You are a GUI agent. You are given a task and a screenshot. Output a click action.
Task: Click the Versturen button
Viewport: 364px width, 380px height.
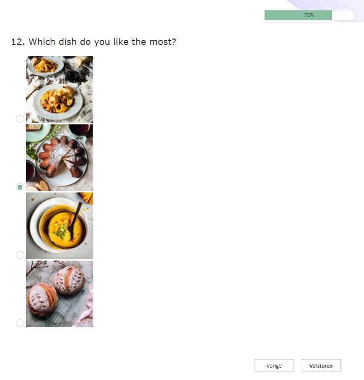(x=321, y=366)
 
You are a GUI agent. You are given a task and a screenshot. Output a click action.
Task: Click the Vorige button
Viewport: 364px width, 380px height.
(x=274, y=366)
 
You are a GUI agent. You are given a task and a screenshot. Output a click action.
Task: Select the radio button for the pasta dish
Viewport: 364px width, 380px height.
(x=20, y=118)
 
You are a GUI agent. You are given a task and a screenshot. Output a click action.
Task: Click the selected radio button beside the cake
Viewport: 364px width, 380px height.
(x=20, y=187)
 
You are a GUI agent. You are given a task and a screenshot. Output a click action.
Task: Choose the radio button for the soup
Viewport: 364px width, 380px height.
(x=20, y=255)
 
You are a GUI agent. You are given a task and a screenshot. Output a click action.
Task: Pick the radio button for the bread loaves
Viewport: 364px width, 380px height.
(x=20, y=323)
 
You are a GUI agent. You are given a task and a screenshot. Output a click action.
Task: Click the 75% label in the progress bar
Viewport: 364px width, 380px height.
(x=309, y=15)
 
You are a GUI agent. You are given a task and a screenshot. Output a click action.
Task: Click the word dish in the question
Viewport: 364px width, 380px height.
(x=68, y=42)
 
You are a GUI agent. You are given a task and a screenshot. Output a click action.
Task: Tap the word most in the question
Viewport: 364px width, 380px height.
(x=160, y=42)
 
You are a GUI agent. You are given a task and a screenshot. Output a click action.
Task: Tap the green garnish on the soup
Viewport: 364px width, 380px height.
(x=61, y=230)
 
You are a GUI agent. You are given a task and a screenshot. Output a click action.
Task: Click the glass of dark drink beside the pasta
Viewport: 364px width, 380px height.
(x=73, y=73)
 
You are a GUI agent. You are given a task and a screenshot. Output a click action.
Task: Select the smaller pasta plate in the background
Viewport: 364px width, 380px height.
(x=45, y=65)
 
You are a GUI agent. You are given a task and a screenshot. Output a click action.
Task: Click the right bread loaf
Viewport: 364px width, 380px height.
(x=69, y=280)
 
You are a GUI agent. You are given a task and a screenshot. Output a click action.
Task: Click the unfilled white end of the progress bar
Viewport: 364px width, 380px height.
(x=343, y=15)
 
